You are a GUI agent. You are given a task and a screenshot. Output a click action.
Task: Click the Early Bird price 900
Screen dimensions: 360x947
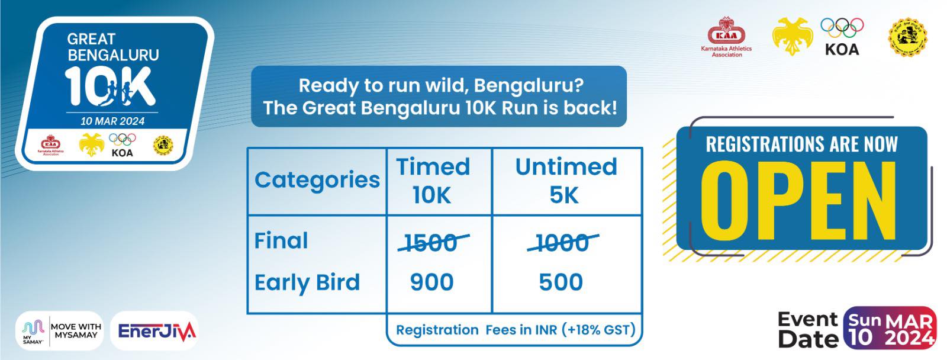click(432, 282)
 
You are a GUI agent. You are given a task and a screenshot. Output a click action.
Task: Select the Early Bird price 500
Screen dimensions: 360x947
click(561, 282)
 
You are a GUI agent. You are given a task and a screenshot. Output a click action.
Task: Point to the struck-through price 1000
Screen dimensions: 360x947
click(562, 242)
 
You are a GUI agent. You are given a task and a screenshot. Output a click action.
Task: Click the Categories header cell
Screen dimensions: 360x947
click(317, 180)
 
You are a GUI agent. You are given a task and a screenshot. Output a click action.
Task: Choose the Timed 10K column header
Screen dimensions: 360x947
click(433, 181)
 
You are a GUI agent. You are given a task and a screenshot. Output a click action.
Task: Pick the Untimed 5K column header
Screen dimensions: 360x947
click(566, 181)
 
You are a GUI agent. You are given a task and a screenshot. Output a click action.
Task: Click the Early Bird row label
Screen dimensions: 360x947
click(307, 283)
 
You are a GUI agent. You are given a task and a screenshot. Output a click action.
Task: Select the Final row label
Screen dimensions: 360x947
click(281, 241)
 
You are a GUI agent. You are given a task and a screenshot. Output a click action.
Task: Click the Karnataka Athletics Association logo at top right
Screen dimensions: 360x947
click(726, 37)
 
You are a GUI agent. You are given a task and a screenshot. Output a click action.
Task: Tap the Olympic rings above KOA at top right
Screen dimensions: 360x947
click(842, 28)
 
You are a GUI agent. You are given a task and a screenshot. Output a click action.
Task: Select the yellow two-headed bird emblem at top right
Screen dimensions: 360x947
click(792, 36)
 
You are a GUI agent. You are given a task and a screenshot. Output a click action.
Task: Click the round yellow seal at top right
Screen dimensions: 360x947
click(907, 37)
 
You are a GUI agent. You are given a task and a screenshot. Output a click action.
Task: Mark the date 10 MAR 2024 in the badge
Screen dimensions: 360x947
click(112, 121)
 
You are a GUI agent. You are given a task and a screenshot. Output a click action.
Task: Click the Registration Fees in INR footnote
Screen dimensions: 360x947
click(515, 330)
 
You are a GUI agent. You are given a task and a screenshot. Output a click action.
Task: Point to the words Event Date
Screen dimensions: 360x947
click(808, 329)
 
